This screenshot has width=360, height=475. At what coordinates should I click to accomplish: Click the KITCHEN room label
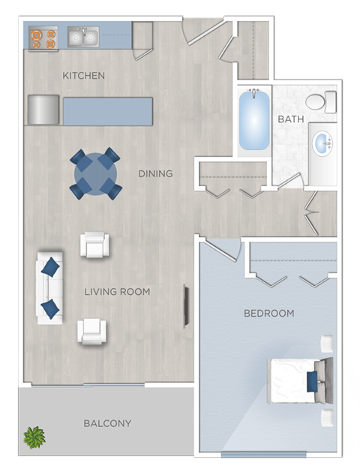(x=83, y=76)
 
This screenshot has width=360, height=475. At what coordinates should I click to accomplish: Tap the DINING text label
(x=155, y=173)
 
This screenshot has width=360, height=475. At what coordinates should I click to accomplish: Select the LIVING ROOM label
(x=117, y=291)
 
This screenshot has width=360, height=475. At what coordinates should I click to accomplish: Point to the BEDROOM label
(x=268, y=313)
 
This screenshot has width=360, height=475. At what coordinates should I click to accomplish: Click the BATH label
(x=290, y=119)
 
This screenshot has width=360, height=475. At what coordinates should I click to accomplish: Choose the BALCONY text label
(x=107, y=423)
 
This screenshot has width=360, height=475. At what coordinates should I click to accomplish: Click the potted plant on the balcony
(x=34, y=437)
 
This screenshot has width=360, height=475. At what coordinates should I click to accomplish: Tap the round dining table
(x=95, y=173)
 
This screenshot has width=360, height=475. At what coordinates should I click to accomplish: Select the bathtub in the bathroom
(x=253, y=121)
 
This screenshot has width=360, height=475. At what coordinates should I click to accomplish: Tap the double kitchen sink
(x=82, y=36)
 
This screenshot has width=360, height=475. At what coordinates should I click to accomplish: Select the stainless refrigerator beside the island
(x=43, y=110)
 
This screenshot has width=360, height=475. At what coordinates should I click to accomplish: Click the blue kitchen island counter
(x=107, y=111)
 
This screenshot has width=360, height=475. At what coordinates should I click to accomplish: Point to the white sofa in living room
(x=50, y=288)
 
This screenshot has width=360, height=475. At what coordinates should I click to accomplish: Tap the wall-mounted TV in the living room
(x=186, y=305)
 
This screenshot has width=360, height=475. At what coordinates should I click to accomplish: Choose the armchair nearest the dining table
(x=95, y=245)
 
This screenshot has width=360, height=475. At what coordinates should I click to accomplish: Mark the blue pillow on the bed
(x=310, y=380)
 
